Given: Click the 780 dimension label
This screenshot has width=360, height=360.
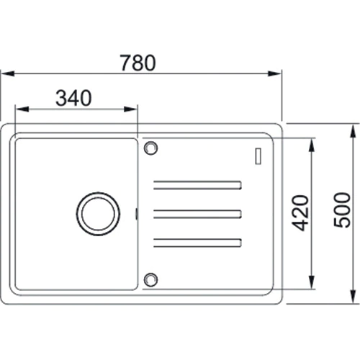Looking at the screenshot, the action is pyautogui.click(x=138, y=63).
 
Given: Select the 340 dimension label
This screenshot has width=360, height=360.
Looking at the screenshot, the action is pyautogui.click(x=73, y=98).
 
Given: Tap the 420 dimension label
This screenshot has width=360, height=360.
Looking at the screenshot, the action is pyautogui.click(x=300, y=213).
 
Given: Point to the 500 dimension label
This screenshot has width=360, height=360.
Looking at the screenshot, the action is pyautogui.click(x=342, y=210).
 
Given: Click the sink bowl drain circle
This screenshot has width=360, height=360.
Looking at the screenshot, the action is pyautogui.click(x=98, y=214).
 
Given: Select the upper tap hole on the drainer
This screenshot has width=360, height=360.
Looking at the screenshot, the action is pyautogui.click(x=150, y=148).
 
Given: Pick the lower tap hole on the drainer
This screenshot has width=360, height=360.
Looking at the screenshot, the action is pyautogui.click(x=150, y=279).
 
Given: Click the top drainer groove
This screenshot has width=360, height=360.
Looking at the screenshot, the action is pyautogui.click(x=197, y=185).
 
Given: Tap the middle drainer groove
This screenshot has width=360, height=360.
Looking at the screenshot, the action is pyautogui.click(x=197, y=214).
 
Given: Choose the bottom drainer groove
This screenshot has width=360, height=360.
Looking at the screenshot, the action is pyautogui.click(x=197, y=243).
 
